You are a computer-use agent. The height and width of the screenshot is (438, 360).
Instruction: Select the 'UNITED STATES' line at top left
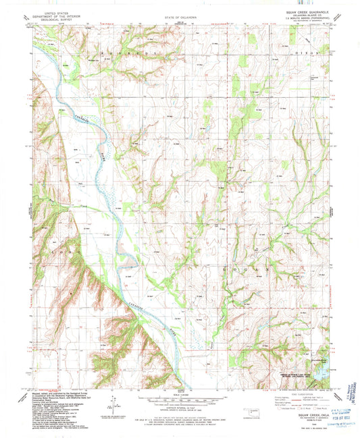53,11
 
